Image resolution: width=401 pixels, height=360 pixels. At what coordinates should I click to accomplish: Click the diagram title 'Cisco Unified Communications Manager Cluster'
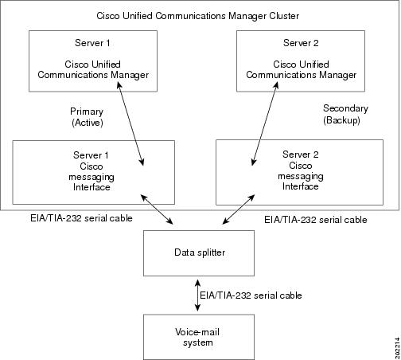click(x=197, y=16)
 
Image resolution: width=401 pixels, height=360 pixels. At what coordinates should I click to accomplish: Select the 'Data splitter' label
click(x=200, y=252)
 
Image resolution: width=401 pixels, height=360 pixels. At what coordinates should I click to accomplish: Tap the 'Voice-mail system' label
click(x=197, y=337)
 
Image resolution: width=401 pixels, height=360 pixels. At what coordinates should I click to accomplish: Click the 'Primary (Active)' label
click(x=87, y=117)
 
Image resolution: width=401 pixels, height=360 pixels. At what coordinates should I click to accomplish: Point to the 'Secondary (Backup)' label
click(x=345, y=114)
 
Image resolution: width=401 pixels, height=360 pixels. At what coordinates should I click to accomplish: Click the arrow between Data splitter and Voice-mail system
click(x=197, y=295)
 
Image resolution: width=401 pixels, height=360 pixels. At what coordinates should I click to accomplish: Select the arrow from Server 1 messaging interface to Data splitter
click(x=157, y=209)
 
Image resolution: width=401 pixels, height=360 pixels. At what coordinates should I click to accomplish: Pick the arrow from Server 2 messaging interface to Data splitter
click(x=239, y=209)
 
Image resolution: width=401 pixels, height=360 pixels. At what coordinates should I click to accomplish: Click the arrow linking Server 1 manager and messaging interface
click(x=130, y=123)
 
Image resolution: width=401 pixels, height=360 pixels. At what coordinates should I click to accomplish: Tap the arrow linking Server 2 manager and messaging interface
click(x=265, y=123)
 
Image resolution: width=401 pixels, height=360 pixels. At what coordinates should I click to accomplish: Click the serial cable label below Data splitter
click(x=251, y=295)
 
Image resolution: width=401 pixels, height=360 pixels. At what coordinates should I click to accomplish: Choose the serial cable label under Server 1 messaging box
click(x=81, y=218)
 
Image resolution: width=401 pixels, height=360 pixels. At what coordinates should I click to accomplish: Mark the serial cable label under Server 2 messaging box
click(x=316, y=220)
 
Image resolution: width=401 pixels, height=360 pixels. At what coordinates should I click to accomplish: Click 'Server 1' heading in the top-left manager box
click(x=92, y=43)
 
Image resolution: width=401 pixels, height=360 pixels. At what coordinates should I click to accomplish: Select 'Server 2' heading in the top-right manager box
click(x=301, y=43)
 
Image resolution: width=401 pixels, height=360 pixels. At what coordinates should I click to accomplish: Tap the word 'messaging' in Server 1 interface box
click(x=91, y=177)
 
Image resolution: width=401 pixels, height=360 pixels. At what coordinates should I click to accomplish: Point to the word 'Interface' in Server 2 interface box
click(x=300, y=186)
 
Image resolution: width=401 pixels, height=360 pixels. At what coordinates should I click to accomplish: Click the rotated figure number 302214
click(x=397, y=348)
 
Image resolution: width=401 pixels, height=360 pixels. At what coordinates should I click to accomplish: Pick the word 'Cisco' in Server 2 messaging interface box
click(x=301, y=166)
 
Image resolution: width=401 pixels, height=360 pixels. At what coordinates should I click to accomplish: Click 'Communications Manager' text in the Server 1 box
click(x=93, y=75)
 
